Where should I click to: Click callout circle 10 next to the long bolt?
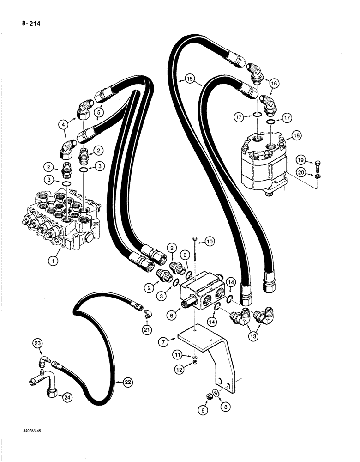pos(210,241)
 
